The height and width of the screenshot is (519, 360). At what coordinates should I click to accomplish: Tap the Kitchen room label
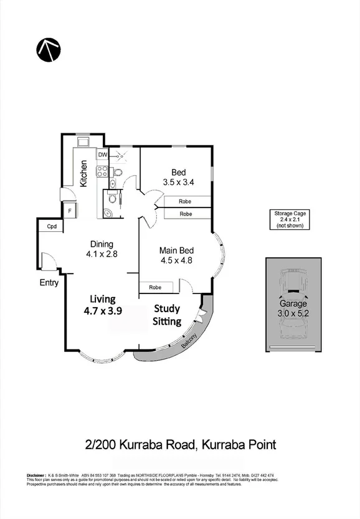pos(83,173)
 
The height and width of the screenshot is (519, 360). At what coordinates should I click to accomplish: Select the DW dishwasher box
pos(102,155)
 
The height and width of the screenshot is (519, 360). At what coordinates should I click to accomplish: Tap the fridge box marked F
pos(69,211)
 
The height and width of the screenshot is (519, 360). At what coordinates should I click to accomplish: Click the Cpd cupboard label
pos(52,227)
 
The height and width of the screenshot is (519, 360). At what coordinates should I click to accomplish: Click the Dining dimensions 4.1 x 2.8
pos(102,254)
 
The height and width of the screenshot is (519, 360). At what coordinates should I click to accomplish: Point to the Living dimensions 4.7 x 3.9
pos(102,310)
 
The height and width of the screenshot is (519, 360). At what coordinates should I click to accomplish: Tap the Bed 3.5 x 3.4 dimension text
pos(179,183)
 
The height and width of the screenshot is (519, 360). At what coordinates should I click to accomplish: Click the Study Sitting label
pos(167,315)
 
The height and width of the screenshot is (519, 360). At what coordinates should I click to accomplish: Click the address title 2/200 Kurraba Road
pos(180,445)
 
